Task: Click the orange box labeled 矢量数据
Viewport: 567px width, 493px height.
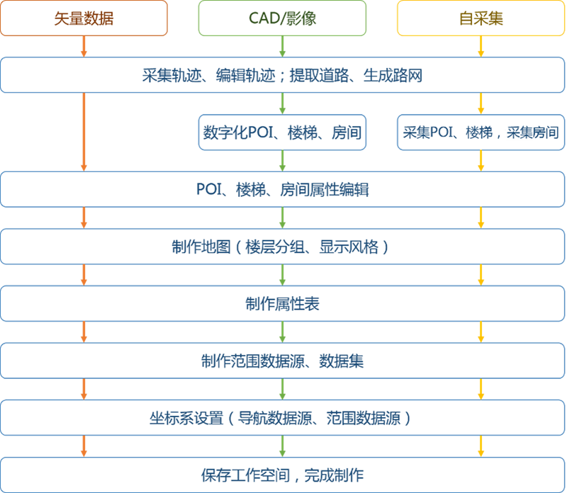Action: click(x=84, y=18)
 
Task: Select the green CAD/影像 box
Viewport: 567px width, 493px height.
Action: click(x=282, y=18)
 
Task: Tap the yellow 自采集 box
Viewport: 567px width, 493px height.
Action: click(x=481, y=18)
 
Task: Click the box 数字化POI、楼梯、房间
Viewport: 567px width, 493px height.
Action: click(x=282, y=132)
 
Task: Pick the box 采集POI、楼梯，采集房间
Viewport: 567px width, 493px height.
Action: click(x=481, y=132)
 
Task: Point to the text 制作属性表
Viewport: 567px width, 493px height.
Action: click(x=282, y=304)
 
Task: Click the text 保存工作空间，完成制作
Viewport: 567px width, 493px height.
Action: click(x=282, y=475)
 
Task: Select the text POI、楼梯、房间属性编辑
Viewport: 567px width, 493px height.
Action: click(x=282, y=189)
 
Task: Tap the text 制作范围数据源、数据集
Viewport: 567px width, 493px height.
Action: click(x=282, y=361)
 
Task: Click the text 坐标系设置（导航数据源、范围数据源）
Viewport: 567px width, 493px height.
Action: click(x=280, y=418)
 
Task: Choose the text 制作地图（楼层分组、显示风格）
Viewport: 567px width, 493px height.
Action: click(x=280, y=247)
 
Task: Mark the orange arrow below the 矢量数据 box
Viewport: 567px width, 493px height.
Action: click(x=84, y=46)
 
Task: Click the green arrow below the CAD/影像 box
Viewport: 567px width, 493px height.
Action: click(x=282, y=46)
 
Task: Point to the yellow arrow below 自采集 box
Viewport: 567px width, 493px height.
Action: click(x=481, y=46)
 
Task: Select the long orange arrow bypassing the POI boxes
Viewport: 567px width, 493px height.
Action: click(x=84, y=132)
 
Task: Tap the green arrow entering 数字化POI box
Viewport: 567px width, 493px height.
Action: click(x=282, y=103)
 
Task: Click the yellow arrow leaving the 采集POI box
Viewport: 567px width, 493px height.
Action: click(x=481, y=161)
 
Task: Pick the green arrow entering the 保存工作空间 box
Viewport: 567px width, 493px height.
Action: click(x=282, y=446)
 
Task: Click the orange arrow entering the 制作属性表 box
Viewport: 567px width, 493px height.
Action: click(x=84, y=275)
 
